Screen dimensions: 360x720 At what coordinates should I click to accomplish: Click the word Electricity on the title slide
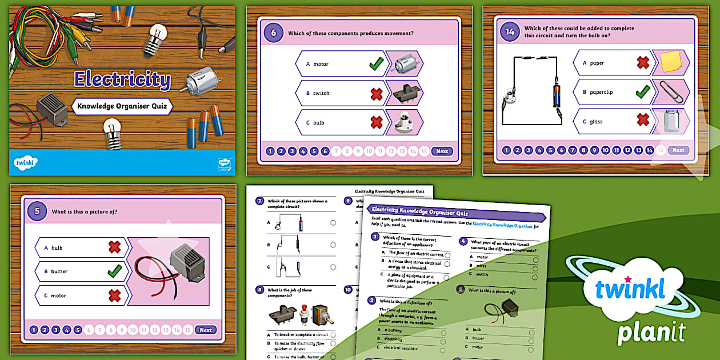[x=122, y=79]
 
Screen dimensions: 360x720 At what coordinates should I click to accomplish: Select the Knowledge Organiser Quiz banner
[x=122, y=106]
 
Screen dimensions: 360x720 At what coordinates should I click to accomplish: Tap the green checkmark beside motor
[x=376, y=64]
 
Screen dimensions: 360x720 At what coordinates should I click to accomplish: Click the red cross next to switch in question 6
[x=376, y=94]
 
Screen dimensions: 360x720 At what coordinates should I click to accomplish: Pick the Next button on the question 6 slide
[x=442, y=151]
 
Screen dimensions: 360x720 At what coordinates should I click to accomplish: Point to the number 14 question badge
[x=509, y=31]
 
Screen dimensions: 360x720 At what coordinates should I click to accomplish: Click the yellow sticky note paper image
[x=671, y=62]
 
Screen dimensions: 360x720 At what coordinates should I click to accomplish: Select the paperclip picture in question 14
[x=671, y=91]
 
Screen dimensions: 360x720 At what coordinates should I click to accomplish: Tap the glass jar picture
[x=671, y=121]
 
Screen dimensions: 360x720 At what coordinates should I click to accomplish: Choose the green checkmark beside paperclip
[x=643, y=91]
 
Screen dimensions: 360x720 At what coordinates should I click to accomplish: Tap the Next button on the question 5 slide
[x=206, y=330]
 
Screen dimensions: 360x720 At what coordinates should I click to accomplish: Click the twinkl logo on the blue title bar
[x=26, y=163]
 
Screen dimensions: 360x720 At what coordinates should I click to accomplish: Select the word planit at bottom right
[x=651, y=330]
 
